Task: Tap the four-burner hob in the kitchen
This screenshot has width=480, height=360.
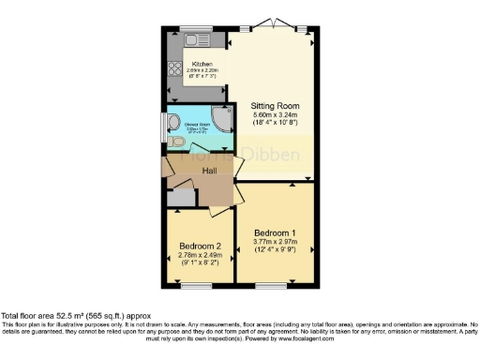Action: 173,67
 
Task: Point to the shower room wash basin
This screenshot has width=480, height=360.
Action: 173,119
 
